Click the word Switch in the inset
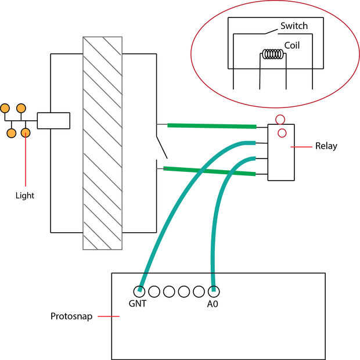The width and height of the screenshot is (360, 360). (x=294, y=26)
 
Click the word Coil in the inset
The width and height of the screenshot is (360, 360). (x=292, y=45)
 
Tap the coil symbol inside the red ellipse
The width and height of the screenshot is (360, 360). (x=272, y=55)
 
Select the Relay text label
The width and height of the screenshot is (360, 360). (x=326, y=146)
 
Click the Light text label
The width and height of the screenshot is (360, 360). (x=24, y=196)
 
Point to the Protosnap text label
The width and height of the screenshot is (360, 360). (x=70, y=317)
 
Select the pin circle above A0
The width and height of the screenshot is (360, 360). (x=214, y=290)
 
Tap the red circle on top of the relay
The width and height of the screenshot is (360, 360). (x=280, y=120)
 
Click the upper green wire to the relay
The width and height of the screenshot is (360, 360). (x=212, y=126)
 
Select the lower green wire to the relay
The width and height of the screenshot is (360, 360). (x=209, y=171)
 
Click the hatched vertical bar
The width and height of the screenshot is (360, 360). (x=102, y=143)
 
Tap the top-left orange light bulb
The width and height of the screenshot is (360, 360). (x=5, y=108)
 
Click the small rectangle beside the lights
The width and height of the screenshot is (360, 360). (x=53, y=120)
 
